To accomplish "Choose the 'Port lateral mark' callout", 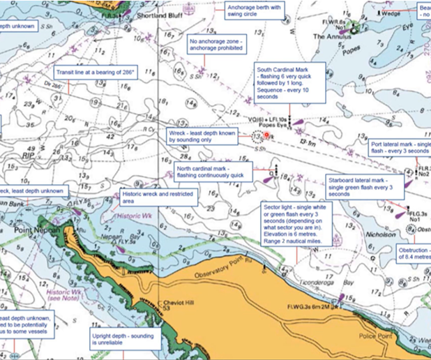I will (400, 145).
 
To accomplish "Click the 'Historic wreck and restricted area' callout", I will (158, 197).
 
